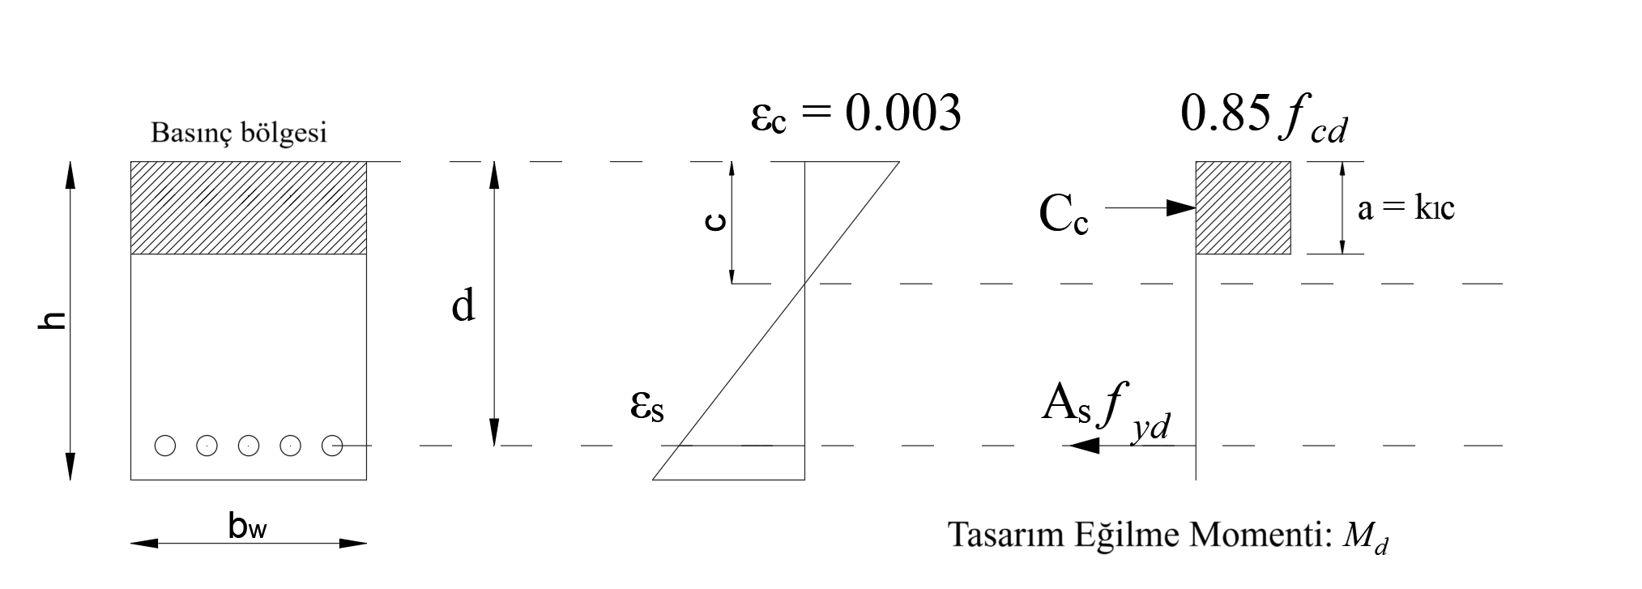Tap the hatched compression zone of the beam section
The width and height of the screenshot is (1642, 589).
click(249, 208)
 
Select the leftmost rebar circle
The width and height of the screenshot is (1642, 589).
click(166, 446)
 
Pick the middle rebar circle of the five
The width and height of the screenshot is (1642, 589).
click(249, 446)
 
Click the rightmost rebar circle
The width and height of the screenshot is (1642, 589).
click(331, 446)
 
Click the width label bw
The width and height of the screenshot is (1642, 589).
click(249, 527)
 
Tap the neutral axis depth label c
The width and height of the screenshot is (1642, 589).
click(714, 221)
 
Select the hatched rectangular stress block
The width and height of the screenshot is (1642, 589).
click(1243, 208)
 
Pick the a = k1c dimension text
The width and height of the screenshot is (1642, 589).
click(1406, 210)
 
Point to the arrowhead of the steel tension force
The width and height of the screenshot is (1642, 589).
click(1083, 446)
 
